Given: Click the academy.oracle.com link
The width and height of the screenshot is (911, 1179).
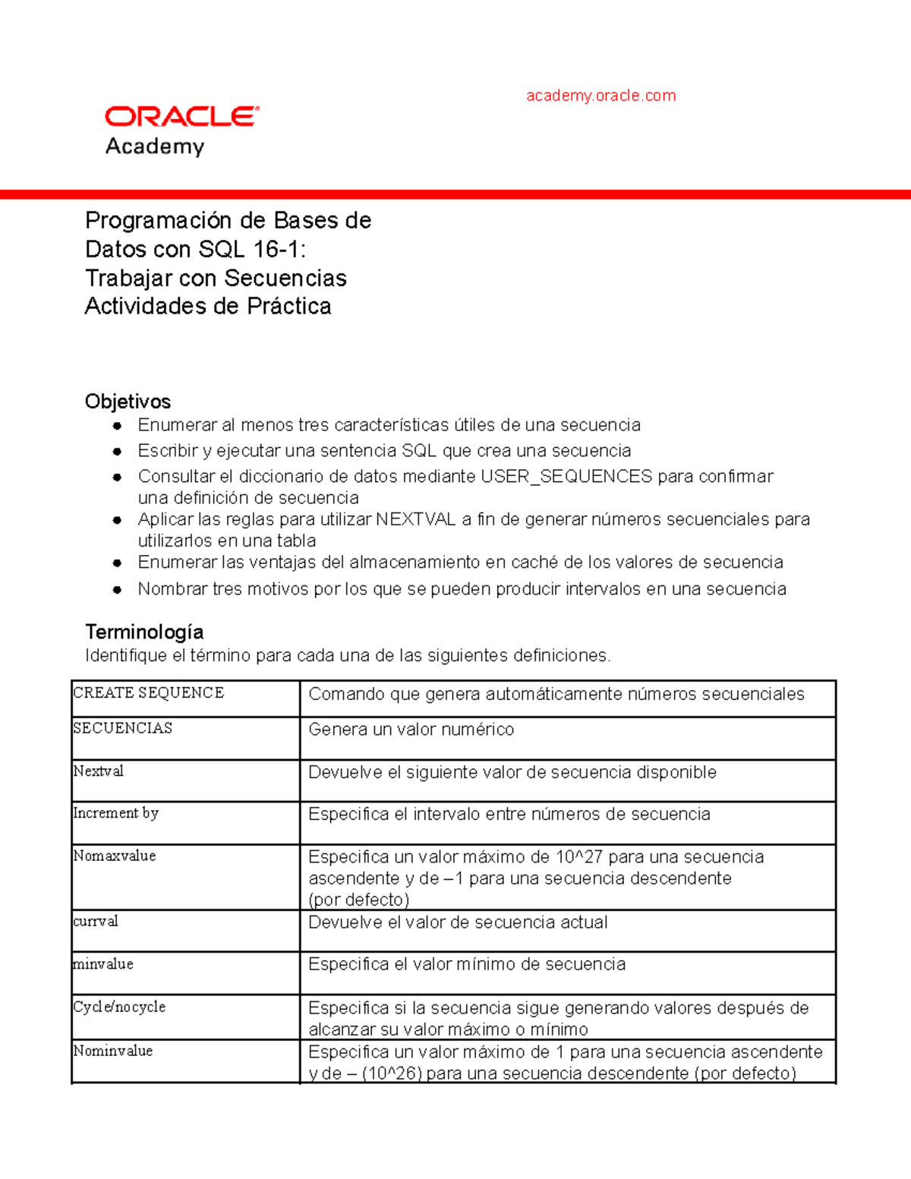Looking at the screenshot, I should (601, 96).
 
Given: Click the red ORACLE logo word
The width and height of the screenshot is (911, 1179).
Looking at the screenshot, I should (181, 116).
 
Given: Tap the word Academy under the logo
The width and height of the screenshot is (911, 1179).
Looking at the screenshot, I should (155, 146).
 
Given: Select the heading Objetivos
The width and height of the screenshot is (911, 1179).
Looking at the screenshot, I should (128, 402).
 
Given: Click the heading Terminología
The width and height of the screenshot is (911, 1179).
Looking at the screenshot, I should (144, 632).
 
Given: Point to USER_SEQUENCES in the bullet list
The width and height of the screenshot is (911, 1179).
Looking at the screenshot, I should (566, 477).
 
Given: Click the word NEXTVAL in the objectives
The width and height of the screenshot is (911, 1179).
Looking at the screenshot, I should (415, 519).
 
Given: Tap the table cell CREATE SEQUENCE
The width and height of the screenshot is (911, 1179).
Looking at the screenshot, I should (149, 692).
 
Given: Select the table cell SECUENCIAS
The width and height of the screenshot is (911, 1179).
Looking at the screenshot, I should (123, 728).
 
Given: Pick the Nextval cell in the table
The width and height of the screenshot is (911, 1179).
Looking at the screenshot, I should (99, 771).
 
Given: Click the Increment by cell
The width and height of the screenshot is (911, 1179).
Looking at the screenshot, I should (116, 813).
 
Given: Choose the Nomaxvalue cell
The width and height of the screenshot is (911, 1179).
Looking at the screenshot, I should (115, 856).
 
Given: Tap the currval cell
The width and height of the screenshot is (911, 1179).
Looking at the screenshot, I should (96, 921).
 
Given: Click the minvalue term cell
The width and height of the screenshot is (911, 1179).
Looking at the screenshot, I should (103, 964).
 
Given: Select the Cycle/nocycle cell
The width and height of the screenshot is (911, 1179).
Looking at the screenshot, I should (119, 1007).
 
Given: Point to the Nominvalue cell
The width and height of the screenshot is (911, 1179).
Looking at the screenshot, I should (113, 1051).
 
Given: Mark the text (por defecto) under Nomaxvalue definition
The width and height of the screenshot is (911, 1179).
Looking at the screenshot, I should (359, 900).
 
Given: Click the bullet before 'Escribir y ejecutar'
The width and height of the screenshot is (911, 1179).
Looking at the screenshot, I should (117, 451).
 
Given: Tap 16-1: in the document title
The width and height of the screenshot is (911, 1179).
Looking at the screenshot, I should (280, 249).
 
